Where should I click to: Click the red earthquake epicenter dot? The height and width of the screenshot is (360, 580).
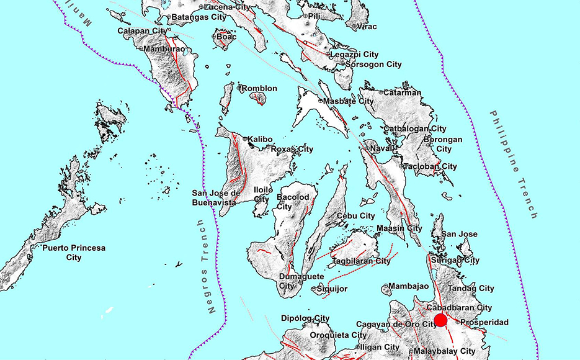tap(440, 320)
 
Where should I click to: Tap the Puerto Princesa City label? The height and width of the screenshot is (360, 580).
tap(74, 252)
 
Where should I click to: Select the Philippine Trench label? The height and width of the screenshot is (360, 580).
tap(512, 164)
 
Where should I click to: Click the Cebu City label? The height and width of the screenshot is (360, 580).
tap(355, 216)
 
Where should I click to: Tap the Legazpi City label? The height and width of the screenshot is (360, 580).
tap(354, 55)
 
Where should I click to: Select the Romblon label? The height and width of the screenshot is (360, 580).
tap(259, 89)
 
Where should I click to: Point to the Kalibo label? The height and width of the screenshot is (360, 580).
tap(261, 139)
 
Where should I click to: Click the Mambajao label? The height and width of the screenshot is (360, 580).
tap(409, 286)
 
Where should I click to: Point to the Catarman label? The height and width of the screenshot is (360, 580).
tap(402, 92)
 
